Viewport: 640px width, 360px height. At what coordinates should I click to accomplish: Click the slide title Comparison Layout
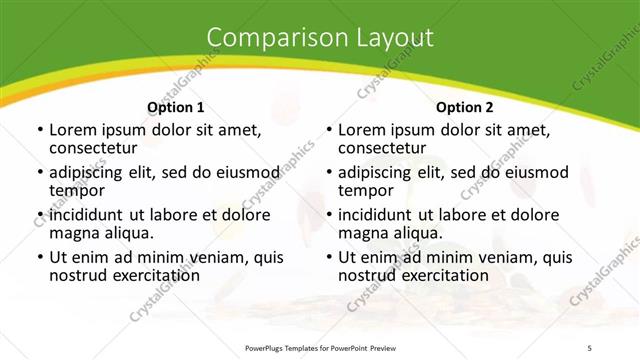click(x=320, y=38)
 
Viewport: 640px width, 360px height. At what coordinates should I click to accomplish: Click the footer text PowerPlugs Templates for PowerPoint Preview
click(x=320, y=347)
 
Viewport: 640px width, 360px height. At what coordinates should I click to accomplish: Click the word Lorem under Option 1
click(x=74, y=130)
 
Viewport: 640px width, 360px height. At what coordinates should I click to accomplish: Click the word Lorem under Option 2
click(x=363, y=130)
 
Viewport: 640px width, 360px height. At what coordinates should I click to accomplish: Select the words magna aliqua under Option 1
click(x=101, y=233)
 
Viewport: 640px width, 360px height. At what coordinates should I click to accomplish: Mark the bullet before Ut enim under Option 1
click(x=39, y=257)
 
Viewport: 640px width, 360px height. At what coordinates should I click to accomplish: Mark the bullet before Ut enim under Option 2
click(x=328, y=257)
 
